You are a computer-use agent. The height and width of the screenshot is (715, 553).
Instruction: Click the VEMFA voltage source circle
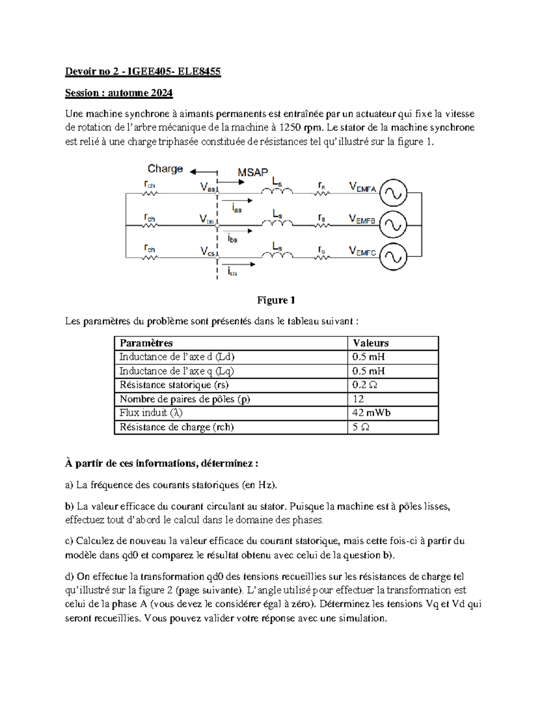(x=393, y=193)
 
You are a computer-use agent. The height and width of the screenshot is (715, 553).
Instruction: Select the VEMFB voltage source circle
(x=393, y=225)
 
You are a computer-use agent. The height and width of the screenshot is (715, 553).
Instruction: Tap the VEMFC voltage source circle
(x=393, y=256)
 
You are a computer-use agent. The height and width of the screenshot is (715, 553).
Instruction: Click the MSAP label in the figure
(x=253, y=173)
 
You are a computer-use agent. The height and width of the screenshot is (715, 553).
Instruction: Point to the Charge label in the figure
(x=165, y=169)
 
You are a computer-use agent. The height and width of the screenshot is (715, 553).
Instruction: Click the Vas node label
(x=207, y=187)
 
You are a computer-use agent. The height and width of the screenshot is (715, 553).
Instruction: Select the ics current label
(x=232, y=272)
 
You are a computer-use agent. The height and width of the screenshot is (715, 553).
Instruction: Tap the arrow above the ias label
(x=237, y=201)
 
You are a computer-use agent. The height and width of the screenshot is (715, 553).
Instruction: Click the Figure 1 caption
(x=276, y=300)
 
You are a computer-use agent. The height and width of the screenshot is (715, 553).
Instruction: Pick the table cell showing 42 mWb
(x=371, y=413)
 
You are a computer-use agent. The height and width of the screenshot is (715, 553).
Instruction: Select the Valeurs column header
(x=371, y=343)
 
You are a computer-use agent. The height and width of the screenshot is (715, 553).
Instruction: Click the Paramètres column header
(x=146, y=343)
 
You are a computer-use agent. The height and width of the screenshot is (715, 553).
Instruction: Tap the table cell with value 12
(x=358, y=399)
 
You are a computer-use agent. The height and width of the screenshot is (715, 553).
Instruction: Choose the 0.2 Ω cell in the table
(x=365, y=385)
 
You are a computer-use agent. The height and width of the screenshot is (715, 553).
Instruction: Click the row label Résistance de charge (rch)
(x=176, y=427)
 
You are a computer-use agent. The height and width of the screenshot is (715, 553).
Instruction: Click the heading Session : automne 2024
(x=119, y=93)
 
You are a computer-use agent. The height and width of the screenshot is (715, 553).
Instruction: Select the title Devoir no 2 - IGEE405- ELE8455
(x=143, y=71)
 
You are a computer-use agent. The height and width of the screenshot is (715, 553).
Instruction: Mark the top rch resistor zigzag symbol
(x=150, y=194)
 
